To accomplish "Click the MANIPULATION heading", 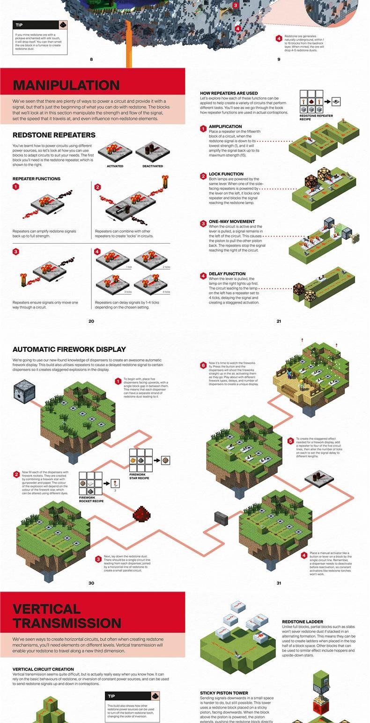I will [x=66, y=85].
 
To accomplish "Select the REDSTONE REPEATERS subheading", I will [x=54, y=135].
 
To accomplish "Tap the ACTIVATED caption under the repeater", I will [x=115, y=166].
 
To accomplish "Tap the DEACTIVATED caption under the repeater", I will [x=153, y=166].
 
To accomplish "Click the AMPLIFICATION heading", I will [x=225, y=126].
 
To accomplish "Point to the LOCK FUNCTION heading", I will [x=226, y=174].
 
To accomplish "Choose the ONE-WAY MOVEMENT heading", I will [x=232, y=222].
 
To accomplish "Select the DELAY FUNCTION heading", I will [x=227, y=274].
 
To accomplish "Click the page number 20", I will [x=91, y=321].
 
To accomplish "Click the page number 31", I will [x=279, y=583].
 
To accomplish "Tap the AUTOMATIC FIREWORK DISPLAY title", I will [x=69, y=349].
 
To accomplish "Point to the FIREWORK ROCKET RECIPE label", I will [x=91, y=499].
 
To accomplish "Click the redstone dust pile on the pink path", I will [x=141, y=513].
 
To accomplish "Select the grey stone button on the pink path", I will [x=221, y=517].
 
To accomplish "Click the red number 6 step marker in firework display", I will [x=203, y=365].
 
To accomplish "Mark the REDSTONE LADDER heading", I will [x=303, y=622].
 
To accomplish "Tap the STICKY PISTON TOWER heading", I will [x=224, y=693].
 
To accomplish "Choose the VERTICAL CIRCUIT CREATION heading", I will [x=43, y=669].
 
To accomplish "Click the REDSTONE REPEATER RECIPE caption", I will [x=316, y=117].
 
